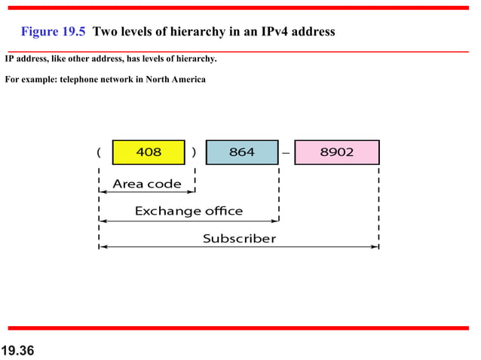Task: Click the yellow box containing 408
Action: (149, 152)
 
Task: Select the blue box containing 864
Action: (242, 152)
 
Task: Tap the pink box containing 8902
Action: (336, 152)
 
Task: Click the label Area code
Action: (147, 184)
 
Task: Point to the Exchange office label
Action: (188, 211)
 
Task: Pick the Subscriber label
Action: (239, 239)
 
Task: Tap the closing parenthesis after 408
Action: (195, 152)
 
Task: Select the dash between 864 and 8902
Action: (286, 153)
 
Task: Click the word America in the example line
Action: (185, 80)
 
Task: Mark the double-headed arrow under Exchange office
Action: (188, 221)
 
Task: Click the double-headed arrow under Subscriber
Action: (239, 247)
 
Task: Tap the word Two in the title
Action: (105, 32)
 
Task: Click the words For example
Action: (30, 80)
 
